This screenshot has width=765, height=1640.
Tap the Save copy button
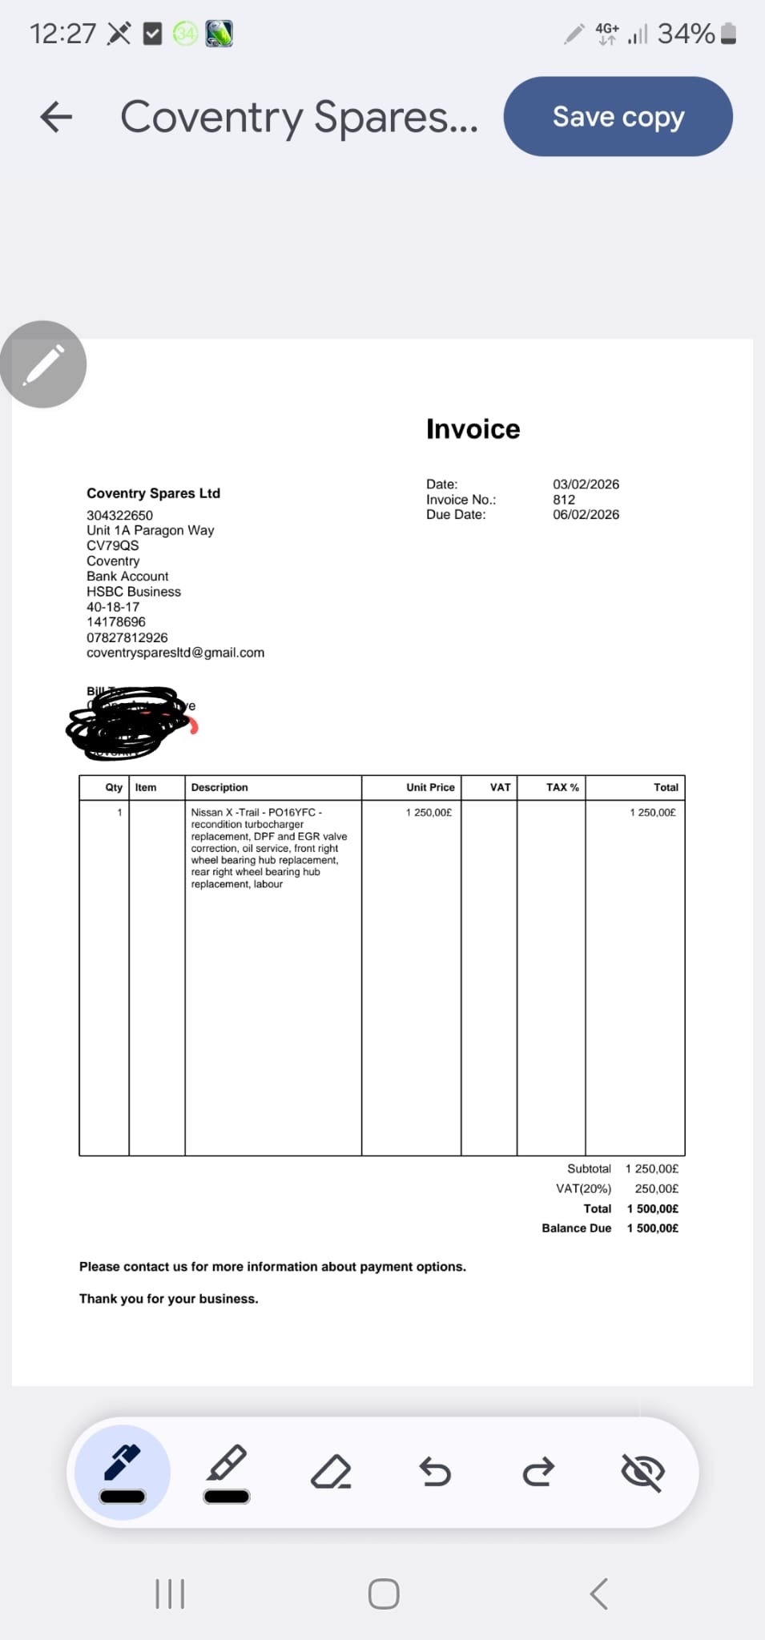pos(618,117)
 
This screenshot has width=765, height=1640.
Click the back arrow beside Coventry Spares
pos(56,117)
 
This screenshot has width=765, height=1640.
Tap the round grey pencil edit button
pos(43,364)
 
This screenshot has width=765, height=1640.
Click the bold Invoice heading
pos(473,429)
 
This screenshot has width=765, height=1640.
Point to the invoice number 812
pos(564,500)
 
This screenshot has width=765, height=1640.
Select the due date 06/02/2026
pos(586,515)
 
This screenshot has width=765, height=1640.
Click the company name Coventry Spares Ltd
pos(153,493)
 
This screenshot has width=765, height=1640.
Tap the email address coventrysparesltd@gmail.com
pos(175,653)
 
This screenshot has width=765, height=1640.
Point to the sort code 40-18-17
pos(113,607)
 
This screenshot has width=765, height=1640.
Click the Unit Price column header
pos(430,787)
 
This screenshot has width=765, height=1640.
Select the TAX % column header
pos(562,787)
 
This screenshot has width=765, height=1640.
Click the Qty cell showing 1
pos(119,812)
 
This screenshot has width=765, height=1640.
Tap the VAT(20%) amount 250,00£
pos(656,1189)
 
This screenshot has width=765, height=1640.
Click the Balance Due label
pos(576,1228)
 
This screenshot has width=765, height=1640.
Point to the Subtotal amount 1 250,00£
pos(651,1169)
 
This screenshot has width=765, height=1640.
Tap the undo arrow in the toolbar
pos(435,1471)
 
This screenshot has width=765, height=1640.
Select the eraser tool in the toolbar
pos(331,1471)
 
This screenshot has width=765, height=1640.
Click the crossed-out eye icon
pos(642,1471)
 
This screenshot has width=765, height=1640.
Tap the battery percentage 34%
pos(686,34)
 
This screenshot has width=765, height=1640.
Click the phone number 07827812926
pos(127,637)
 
